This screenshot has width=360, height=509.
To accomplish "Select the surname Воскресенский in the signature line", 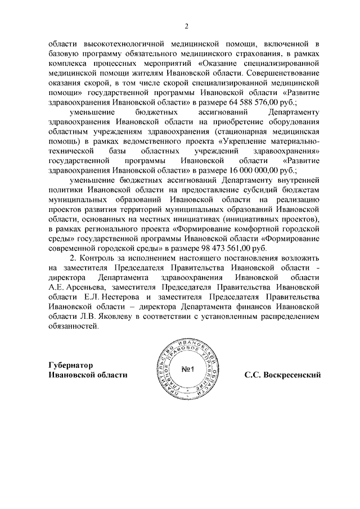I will tap(290, 375).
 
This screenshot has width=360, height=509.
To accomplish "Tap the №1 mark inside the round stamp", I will tap(187, 370).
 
